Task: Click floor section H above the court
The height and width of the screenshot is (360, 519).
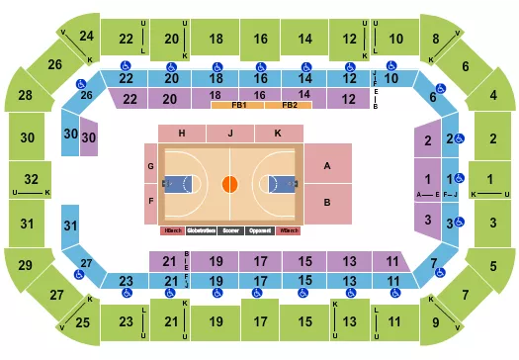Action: pyautogui.click(x=182, y=134)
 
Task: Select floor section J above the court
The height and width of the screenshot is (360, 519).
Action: pyautogui.click(x=229, y=134)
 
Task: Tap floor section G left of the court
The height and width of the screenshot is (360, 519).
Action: pyautogui.click(x=150, y=166)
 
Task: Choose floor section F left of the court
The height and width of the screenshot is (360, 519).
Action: pyautogui.click(x=150, y=201)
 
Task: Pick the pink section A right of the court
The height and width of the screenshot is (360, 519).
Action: pyautogui.click(x=326, y=167)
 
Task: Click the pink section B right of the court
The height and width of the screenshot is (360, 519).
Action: pyautogui.click(x=326, y=203)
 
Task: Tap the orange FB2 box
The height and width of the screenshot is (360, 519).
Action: pyautogui.click(x=289, y=106)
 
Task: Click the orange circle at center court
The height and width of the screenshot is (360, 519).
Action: pyautogui.click(x=229, y=183)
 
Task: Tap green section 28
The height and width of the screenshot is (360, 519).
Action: pyautogui.click(x=25, y=96)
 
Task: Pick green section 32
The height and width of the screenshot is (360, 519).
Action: pyautogui.click(x=31, y=179)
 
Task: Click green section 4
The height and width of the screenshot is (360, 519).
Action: pyautogui.click(x=492, y=96)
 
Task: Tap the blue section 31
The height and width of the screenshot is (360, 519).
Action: pyautogui.click(x=70, y=226)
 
